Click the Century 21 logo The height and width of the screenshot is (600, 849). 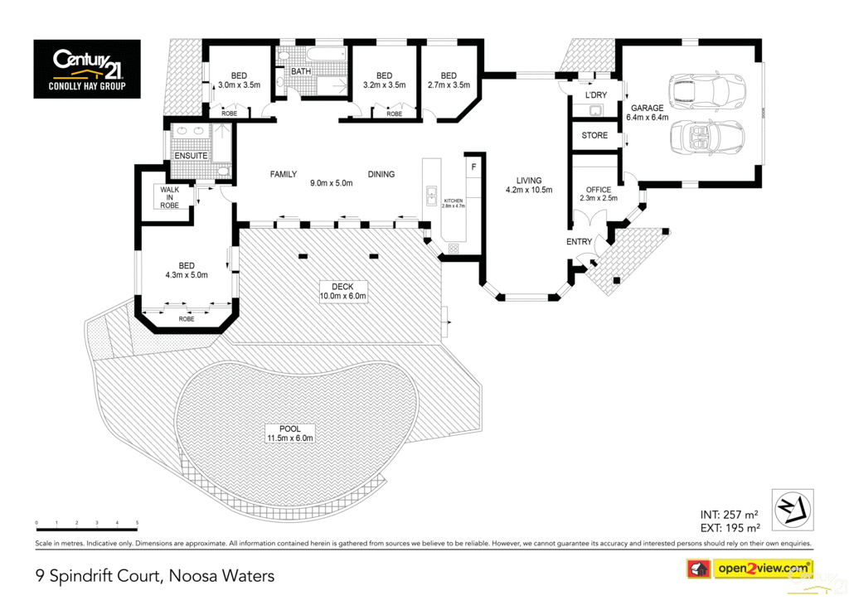[87, 69]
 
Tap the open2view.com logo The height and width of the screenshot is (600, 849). [748, 569]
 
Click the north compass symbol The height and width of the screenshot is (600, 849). [792, 510]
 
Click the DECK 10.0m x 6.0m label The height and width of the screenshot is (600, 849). [342, 291]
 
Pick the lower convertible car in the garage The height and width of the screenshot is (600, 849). [702, 138]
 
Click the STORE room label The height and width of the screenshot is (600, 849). [594, 135]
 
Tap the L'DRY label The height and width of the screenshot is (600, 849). [595, 95]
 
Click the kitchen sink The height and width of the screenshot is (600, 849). [431, 196]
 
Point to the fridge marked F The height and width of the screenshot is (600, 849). [473, 167]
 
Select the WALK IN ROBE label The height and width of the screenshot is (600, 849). [169, 197]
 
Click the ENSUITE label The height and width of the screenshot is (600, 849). [190, 155]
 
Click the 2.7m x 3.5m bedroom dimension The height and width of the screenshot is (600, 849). [449, 85]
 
